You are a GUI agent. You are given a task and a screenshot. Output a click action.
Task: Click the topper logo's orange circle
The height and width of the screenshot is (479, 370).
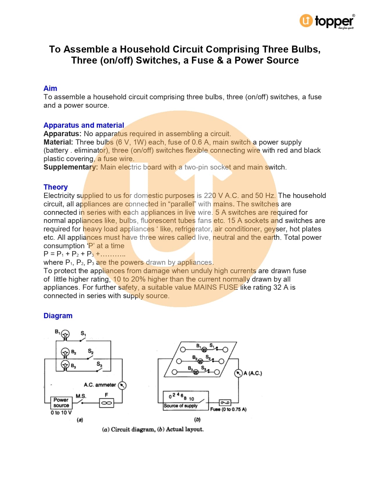(x=306, y=21)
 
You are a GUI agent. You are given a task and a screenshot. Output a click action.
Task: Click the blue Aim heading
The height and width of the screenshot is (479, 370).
(x=50, y=88)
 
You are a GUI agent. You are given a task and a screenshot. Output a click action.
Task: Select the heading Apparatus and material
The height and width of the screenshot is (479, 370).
(x=84, y=125)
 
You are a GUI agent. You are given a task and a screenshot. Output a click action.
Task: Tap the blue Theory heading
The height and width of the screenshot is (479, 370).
(x=55, y=187)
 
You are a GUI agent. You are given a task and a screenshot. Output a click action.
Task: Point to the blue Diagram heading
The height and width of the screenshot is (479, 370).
(x=58, y=316)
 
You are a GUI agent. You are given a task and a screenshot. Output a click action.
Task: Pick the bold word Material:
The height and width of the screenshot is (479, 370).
(x=58, y=142)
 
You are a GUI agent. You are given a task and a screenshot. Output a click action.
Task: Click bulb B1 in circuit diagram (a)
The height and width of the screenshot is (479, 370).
(x=66, y=334)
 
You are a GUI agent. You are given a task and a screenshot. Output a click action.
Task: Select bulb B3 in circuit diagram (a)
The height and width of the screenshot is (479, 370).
(x=65, y=365)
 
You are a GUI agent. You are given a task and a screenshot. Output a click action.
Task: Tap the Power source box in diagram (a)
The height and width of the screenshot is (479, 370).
(x=61, y=403)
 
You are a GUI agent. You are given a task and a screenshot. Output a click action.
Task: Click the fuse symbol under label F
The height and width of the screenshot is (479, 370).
(x=107, y=403)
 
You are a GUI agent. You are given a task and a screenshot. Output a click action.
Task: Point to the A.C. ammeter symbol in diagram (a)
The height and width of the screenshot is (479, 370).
(x=122, y=385)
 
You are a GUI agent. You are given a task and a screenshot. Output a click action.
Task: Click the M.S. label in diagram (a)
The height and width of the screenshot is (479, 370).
(x=81, y=396)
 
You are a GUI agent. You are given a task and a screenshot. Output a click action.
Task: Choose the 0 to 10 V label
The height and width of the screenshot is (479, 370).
(x=61, y=413)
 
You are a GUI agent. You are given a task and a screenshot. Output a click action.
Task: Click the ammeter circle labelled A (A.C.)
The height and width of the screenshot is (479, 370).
(x=238, y=373)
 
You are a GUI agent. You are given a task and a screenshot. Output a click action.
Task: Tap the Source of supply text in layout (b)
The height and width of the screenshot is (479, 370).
(x=180, y=406)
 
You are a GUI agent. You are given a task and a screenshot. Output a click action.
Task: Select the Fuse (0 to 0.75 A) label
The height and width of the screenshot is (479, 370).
(x=228, y=409)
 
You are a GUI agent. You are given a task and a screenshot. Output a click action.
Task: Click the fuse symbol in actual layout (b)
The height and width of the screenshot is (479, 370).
(x=225, y=402)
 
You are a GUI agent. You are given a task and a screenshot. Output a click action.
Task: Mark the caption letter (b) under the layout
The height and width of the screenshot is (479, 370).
(x=197, y=419)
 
